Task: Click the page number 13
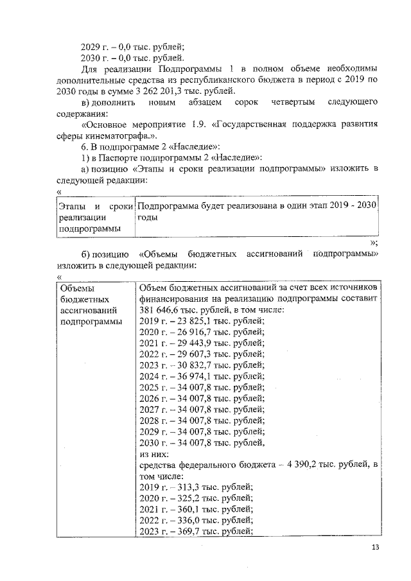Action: pos(376,547)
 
